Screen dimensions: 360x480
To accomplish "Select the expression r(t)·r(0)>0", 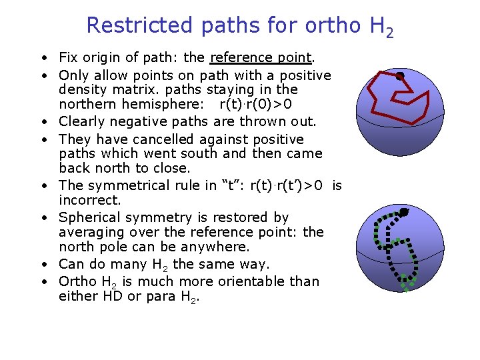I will click(x=256, y=105).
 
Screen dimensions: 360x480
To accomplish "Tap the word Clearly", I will click(x=81, y=121).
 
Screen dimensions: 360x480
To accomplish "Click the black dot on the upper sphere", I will click(x=400, y=76).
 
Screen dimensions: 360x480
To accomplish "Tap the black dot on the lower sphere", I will click(x=403, y=212).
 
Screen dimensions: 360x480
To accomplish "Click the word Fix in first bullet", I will click(x=68, y=57).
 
